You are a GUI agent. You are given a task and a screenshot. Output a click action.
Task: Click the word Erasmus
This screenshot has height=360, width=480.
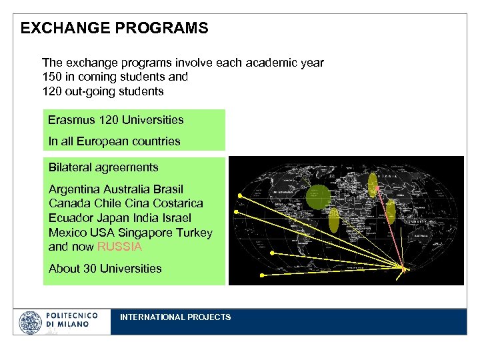[71, 120]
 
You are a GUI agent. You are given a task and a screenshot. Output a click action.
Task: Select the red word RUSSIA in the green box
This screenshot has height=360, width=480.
[120, 247]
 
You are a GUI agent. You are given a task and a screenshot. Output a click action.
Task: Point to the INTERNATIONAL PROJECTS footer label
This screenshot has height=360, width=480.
[175, 317]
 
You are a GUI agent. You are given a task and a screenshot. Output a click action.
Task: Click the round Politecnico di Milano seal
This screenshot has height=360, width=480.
[30, 322]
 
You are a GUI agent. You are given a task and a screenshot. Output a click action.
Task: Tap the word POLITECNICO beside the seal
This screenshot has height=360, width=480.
[72, 315]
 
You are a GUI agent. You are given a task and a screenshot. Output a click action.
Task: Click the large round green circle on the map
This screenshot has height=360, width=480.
[319, 196]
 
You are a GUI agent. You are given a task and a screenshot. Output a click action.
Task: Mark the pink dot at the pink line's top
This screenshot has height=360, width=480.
[377, 187]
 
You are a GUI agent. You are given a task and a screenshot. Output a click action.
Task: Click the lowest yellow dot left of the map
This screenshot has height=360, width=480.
[262, 275]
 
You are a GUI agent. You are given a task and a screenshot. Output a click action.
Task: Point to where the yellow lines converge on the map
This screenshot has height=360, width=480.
[403, 269]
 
